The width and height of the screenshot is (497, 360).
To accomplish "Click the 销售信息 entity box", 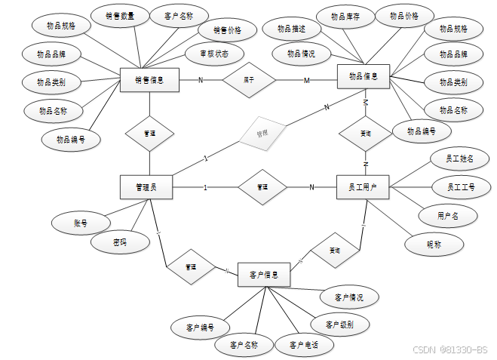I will (150, 79).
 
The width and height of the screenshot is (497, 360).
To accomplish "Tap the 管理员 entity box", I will (146, 187).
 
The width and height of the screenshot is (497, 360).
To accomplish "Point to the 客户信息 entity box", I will (264, 275).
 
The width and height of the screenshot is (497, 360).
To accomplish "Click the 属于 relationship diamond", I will (249, 78).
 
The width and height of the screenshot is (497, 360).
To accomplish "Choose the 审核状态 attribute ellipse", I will (215, 54).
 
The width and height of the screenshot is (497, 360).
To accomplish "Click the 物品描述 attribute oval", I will (291, 29).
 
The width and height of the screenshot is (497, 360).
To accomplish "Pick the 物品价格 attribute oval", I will (404, 15).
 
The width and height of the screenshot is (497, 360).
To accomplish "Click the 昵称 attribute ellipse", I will (434, 244).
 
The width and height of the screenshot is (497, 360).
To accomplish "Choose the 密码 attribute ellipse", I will (119, 242).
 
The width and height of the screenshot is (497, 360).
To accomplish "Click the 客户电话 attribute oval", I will (298, 346).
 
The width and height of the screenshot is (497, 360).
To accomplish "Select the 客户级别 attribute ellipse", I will (339, 325).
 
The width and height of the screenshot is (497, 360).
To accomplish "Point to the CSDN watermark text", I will (450, 350).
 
